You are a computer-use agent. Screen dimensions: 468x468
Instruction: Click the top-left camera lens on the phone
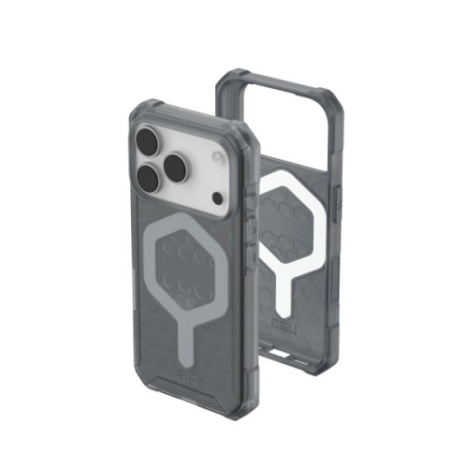click(149, 143)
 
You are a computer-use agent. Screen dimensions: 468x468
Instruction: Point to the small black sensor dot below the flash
click(217, 199)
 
